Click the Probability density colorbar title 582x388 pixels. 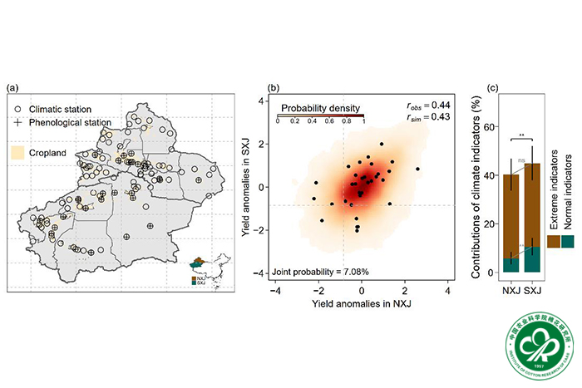(320, 108)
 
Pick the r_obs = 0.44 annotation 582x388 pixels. (427, 106)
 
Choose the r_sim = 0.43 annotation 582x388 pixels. (427, 118)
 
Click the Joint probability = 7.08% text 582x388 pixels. (317, 272)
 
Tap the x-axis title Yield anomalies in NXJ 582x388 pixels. (361, 307)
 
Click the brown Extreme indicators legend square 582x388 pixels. (553, 241)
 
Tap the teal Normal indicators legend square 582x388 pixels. (568, 241)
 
